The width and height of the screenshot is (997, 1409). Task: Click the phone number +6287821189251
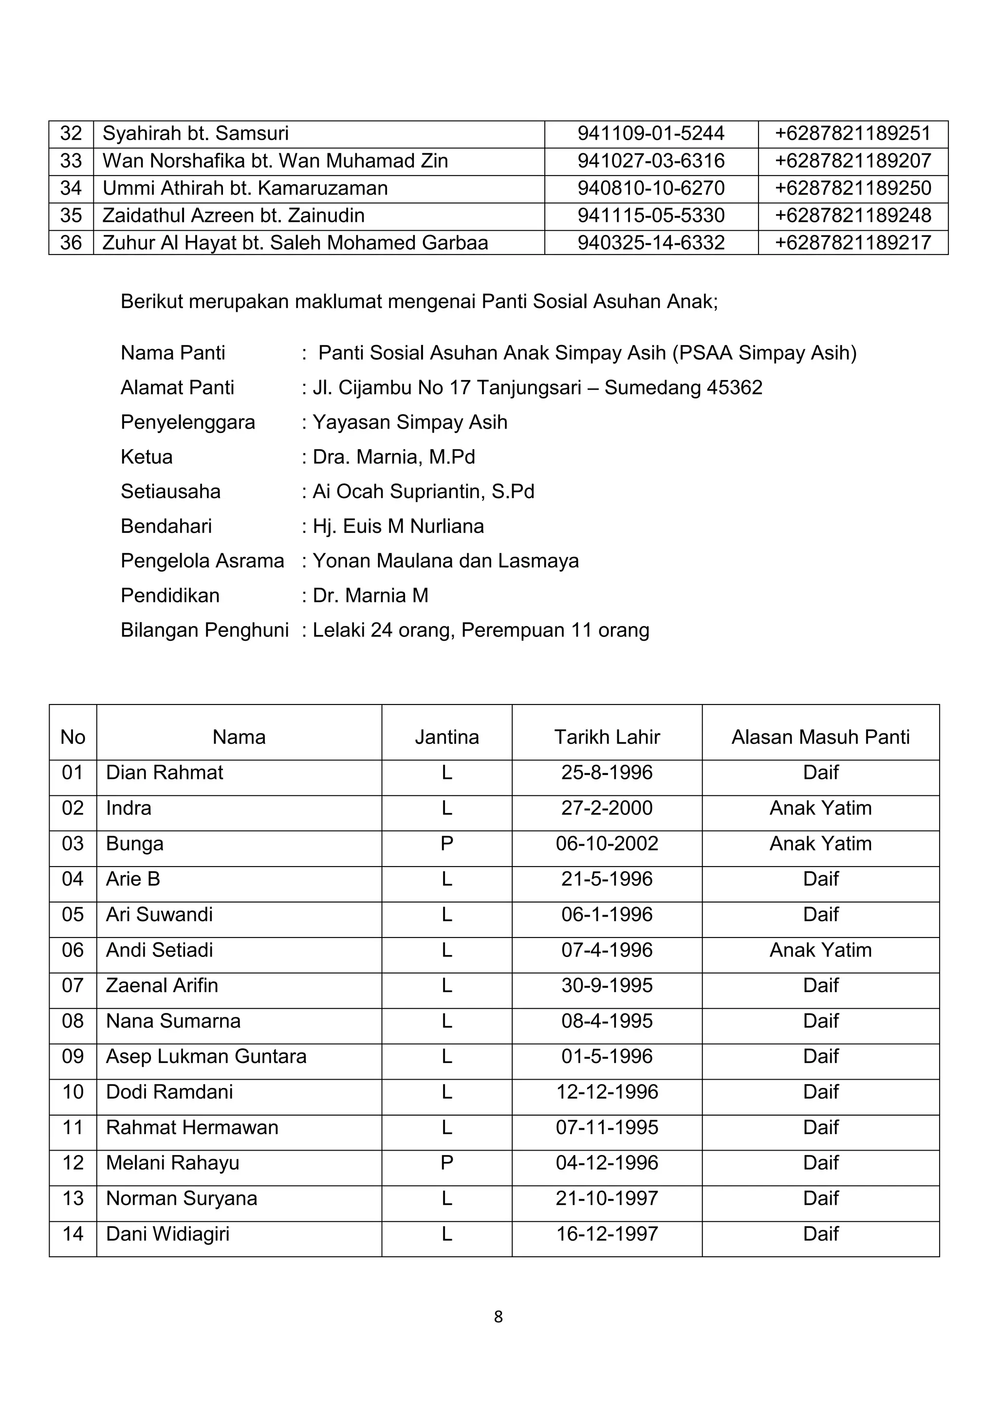click(x=853, y=134)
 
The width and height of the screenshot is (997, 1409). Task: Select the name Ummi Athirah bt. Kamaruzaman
click(x=245, y=188)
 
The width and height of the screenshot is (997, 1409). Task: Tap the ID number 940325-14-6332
click(x=651, y=243)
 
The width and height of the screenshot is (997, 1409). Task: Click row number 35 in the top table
click(x=71, y=216)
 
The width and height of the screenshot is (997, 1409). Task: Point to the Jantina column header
click(x=446, y=737)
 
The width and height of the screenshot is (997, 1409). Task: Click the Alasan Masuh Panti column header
click(x=820, y=737)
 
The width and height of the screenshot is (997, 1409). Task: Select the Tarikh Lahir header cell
click(x=607, y=737)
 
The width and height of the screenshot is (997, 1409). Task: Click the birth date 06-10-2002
click(x=607, y=844)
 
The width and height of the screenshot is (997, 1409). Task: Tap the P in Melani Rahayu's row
click(x=446, y=1163)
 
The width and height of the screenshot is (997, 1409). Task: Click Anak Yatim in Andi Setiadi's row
click(x=820, y=950)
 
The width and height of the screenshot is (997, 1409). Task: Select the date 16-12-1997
click(x=607, y=1234)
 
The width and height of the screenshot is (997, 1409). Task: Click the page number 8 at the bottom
click(x=498, y=1317)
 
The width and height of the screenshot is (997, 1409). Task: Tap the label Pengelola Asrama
click(x=202, y=561)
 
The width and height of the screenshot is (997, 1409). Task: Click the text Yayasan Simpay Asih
click(x=409, y=422)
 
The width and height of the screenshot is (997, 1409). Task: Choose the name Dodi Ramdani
click(x=169, y=1092)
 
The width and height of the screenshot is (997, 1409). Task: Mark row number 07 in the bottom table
click(x=73, y=986)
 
